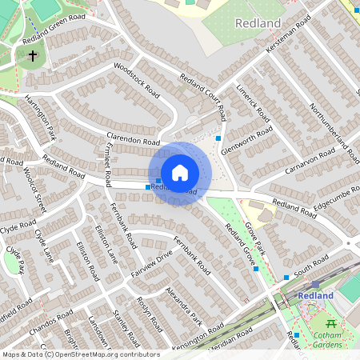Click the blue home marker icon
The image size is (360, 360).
tap(179, 173)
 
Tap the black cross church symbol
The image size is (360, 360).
tap(32, 56)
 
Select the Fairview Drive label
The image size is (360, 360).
tap(152, 265)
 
